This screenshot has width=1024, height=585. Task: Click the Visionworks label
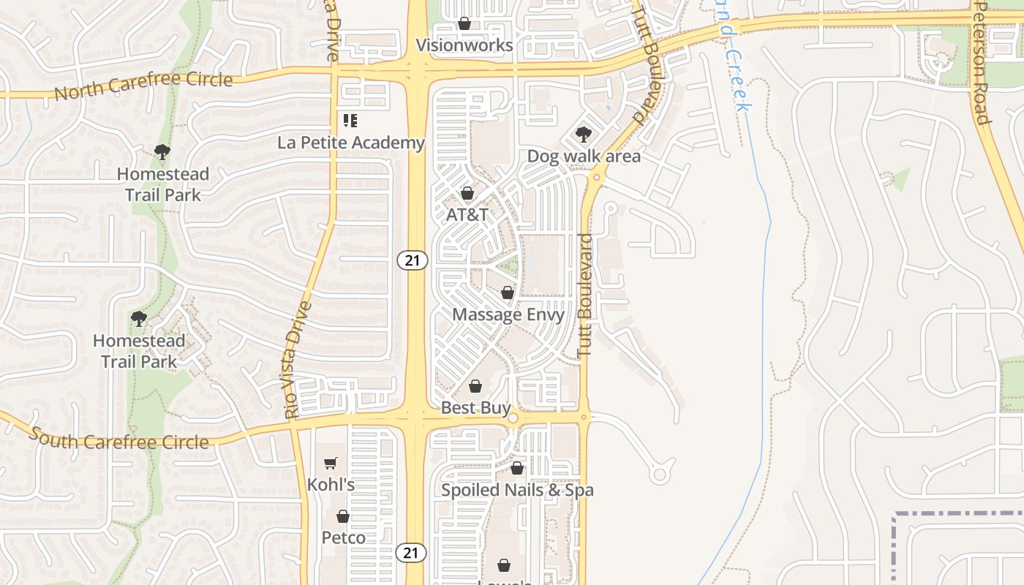[x=464, y=45]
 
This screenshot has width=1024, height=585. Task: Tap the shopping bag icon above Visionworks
[x=464, y=24]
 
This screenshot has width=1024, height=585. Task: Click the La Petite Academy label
[x=351, y=143]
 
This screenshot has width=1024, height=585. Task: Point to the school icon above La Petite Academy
[x=350, y=121]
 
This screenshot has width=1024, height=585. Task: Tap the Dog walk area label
[x=584, y=156]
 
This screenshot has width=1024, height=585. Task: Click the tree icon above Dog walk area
[x=583, y=135]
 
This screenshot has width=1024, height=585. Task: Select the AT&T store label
[x=467, y=215]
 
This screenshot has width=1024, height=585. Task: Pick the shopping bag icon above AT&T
[x=467, y=194]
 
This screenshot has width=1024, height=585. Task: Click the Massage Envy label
[x=508, y=314]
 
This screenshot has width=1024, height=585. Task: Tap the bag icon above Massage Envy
[x=508, y=293]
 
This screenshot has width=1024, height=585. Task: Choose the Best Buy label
[x=476, y=407]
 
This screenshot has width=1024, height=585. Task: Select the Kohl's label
[x=331, y=484]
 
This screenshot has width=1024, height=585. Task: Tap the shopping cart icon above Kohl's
[x=331, y=463]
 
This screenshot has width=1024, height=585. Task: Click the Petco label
[x=344, y=537]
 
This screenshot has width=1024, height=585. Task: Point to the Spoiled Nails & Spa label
[x=517, y=489]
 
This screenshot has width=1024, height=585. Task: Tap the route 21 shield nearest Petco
[x=411, y=553]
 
